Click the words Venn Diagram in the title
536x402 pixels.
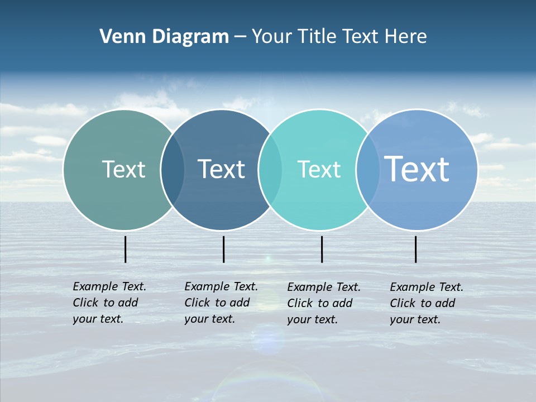[x=164, y=37]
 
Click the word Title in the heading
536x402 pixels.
[x=318, y=37]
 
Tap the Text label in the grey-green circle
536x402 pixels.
[x=123, y=169]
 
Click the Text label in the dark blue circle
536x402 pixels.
[x=221, y=169]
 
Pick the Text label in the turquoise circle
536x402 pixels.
[x=319, y=169]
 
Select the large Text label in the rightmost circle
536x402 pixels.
[x=417, y=169]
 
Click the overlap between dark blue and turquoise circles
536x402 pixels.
[x=270, y=170]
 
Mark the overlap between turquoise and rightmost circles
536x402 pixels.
[x=367, y=170]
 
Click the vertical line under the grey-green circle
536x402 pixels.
[x=125, y=249]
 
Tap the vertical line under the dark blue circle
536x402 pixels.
[x=223, y=249]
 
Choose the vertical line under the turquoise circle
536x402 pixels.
[x=322, y=249]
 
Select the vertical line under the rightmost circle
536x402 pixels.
[x=415, y=249]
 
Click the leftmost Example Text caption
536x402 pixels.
[x=109, y=303]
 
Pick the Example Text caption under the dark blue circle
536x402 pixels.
[x=221, y=303]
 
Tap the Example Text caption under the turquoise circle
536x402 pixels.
[x=324, y=303]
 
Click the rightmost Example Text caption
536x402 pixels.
[x=427, y=303]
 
